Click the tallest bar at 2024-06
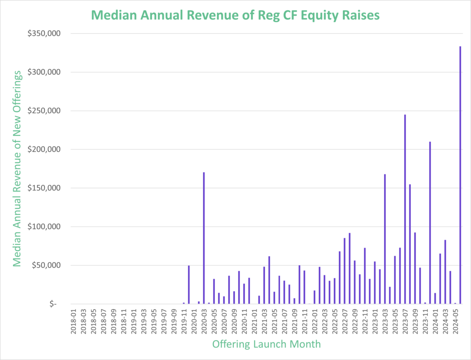[x=460, y=175]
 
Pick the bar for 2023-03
[x=385, y=239]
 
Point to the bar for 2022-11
[x=364, y=276]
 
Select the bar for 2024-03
[x=445, y=272]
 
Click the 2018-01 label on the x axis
[x=74, y=322]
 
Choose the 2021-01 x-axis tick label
[x=254, y=322]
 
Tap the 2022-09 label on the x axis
[x=355, y=322]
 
